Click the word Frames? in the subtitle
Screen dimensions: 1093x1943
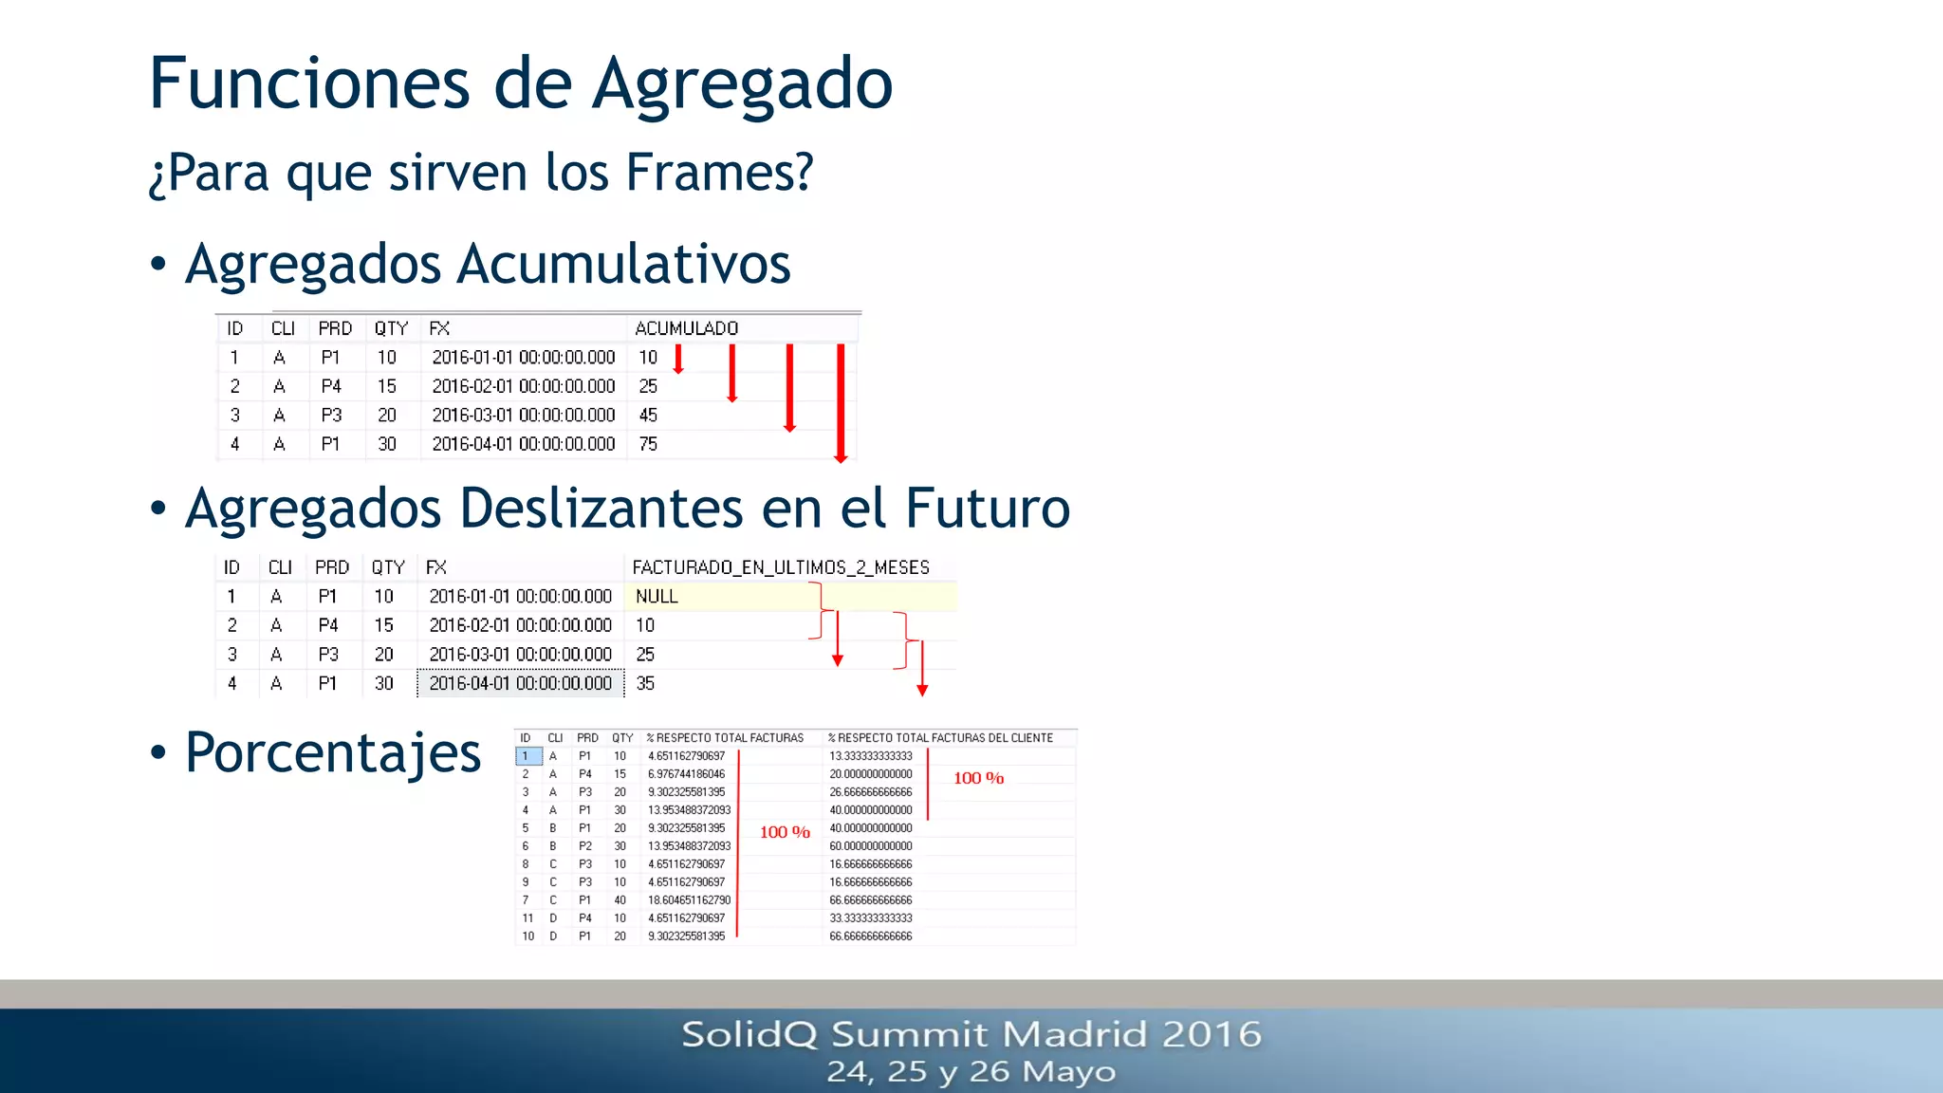coord(719,173)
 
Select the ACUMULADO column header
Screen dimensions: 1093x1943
coord(686,328)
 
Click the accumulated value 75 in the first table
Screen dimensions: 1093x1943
coord(648,444)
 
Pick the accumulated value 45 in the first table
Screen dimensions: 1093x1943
coord(648,416)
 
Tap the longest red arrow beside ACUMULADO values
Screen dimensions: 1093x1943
coord(841,403)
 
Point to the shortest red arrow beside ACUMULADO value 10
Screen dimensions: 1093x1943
coord(678,360)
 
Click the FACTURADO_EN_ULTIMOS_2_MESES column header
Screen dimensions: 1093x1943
coord(780,567)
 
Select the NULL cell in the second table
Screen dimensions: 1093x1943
coord(657,597)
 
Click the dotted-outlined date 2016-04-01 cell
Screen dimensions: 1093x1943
coord(520,683)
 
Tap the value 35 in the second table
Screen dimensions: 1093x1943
coord(645,683)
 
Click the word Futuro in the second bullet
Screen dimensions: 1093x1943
coord(988,509)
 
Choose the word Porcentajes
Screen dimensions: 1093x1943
coord(333,752)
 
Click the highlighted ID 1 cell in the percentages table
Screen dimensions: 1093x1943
coord(527,756)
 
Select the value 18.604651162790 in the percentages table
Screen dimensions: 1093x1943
coord(689,900)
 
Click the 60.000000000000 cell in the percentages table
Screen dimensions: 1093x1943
coord(870,846)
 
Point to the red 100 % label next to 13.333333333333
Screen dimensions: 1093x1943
coord(978,778)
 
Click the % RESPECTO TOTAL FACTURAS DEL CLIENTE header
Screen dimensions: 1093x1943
coord(939,738)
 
